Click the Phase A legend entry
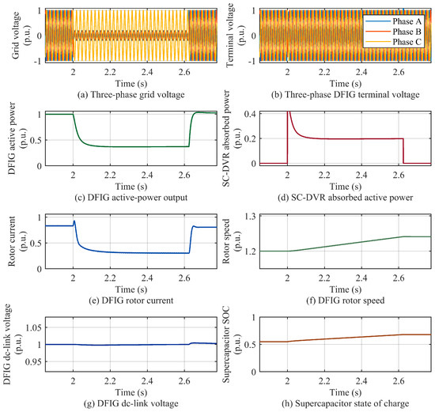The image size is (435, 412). pyautogui.click(x=393, y=21)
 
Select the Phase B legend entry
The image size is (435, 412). pyautogui.click(x=393, y=32)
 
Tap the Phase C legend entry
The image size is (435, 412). pyautogui.click(x=393, y=42)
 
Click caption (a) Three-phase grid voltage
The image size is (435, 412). pyautogui.click(x=131, y=95)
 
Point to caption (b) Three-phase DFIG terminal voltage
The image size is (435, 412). pyautogui.click(x=346, y=95)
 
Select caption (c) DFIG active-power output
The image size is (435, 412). pyautogui.click(x=131, y=198)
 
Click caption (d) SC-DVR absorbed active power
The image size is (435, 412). pyautogui.click(x=346, y=198)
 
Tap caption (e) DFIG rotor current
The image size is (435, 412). pyautogui.click(x=131, y=300)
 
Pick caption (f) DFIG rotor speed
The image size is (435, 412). pyautogui.click(x=346, y=300)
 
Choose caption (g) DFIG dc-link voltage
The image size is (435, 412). pyautogui.click(x=131, y=403)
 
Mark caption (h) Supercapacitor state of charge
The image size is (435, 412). pyautogui.click(x=346, y=403)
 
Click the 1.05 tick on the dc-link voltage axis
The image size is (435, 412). pyautogui.click(x=33, y=327)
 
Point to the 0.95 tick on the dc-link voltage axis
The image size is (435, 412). pyautogui.click(x=33, y=361)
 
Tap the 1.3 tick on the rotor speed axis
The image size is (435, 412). pyautogui.click(x=251, y=217)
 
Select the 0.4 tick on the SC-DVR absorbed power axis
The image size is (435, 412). pyautogui.click(x=250, y=114)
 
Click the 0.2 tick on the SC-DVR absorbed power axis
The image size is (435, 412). pyautogui.click(x=250, y=138)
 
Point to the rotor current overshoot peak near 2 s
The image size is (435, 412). pyautogui.click(x=74, y=221)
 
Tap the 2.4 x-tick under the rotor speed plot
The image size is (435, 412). pyautogui.click(x=361, y=278)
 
